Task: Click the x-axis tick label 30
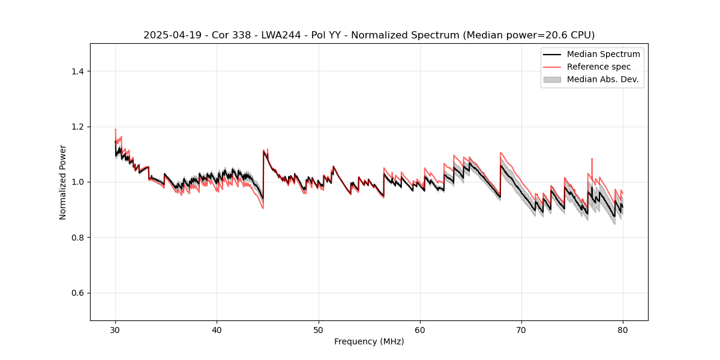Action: point(115,330)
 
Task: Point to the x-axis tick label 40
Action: point(217,330)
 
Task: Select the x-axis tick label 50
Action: point(318,330)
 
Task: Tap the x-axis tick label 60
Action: point(420,330)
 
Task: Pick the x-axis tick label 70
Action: point(521,330)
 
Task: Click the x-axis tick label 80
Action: point(623,330)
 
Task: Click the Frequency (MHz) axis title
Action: point(369,342)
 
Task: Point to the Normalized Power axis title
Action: point(63,182)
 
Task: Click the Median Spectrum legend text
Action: point(603,54)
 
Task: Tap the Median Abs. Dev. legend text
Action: point(602,79)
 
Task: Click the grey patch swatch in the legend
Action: point(552,79)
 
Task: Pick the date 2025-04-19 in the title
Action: point(166,35)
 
